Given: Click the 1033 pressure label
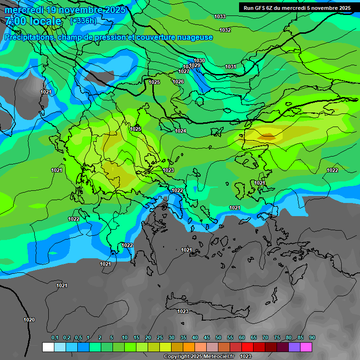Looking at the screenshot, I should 219,17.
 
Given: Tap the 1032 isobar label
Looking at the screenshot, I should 225,30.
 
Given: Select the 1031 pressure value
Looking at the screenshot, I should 231,67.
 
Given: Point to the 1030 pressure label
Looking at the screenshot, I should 199,60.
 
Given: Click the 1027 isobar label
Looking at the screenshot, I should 184,72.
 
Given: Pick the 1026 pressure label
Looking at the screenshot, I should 178,82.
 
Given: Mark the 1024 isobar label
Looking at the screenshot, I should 180,131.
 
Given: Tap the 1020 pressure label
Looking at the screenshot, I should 29,320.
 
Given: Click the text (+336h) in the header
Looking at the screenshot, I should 83,21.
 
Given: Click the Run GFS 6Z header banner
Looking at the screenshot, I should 297,8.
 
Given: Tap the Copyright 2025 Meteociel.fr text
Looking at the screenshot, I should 199,357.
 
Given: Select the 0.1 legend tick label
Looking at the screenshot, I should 54,338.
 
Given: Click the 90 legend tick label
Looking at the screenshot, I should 312,338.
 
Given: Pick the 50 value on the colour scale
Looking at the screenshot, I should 218,338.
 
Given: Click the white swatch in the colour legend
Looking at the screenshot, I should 48,347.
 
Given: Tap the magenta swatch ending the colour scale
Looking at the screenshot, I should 306,347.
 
